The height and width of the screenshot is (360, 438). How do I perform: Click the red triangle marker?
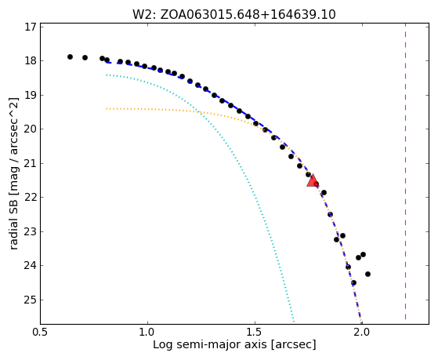coord(313,180)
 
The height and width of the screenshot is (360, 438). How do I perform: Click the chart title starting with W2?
coord(234,15)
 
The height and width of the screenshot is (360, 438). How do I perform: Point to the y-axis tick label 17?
coord(31,27)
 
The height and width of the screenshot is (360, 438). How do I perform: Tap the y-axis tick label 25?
coord(31,300)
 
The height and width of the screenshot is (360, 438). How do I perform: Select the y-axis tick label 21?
coord(31,163)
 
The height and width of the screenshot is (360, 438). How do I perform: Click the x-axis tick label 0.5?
coord(40,333)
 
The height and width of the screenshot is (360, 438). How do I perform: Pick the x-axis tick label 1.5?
coord(255,333)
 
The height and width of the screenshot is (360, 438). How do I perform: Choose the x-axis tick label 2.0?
coord(362,333)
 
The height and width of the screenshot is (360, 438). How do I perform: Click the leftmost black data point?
coord(70,56)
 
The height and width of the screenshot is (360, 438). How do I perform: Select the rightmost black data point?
coord(368,275)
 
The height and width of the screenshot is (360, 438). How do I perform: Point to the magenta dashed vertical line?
coord(405,172)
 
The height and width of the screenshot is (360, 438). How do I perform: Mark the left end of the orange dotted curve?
coord(107,108)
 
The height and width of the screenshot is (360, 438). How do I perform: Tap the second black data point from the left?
coord(85,57)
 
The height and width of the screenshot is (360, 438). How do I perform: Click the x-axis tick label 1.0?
coord(147,333)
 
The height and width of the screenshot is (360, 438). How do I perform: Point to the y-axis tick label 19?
coord(31,95)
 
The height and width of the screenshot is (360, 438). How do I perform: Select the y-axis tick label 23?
coord(31,231)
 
